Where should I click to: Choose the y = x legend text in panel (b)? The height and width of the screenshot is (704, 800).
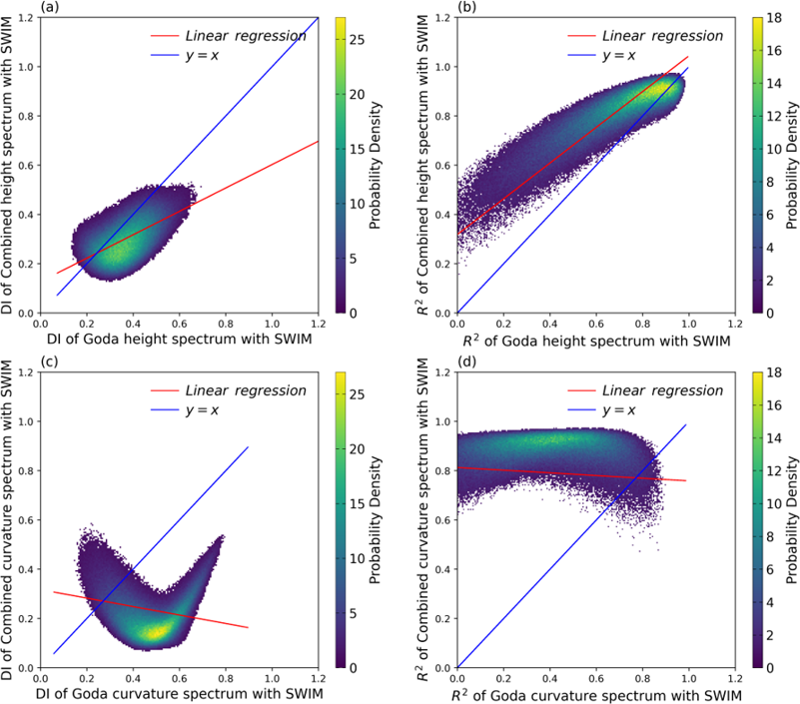click(x=620, y=56)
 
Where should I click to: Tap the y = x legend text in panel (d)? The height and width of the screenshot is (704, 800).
click(x=620, y=410)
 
